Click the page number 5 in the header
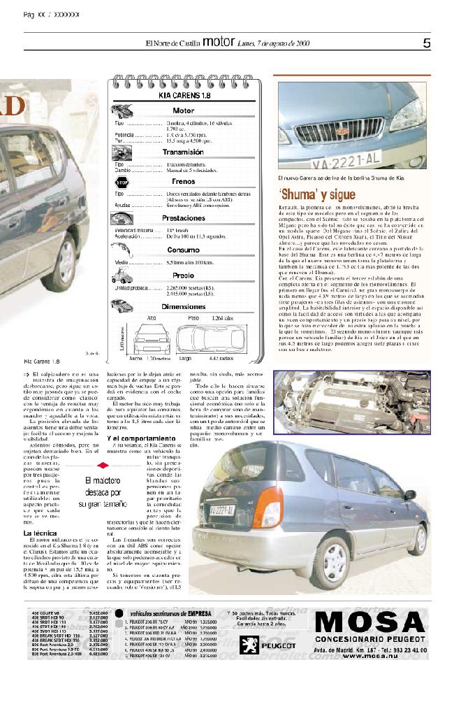pyautogui.click(x=427, y=43)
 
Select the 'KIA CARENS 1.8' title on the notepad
pyautogui.click(x=184, y=96)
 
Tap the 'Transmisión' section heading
pyautogui.click(x=184, y=152)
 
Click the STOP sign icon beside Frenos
pyautogui.click(x=122, y=182)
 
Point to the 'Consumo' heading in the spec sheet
pyautogui.click(x=184, y=250)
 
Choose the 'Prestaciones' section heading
pyautogui.click(x=184, y=218)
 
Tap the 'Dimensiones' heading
pyautogui.click(x=184, y=306)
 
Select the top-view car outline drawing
pyautogui.click(x=205, y=339)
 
